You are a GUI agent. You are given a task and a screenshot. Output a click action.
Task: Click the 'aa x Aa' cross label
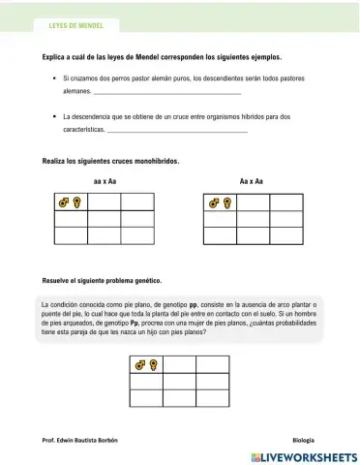point(105,181)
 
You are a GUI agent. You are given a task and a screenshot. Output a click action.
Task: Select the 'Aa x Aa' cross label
point(251,181)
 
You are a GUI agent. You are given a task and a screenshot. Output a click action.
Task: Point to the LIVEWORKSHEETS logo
point(303,455)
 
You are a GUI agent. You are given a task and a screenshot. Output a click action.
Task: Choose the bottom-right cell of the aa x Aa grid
point(137,235)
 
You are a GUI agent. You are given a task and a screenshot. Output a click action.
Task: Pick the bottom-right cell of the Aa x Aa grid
point(285,235)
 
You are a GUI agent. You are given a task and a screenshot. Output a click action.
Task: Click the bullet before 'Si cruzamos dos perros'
point(49,76)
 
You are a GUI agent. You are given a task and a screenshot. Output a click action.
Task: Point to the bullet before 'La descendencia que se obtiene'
point(49,115)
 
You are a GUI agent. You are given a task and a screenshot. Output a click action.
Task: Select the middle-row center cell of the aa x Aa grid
point(105,219)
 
